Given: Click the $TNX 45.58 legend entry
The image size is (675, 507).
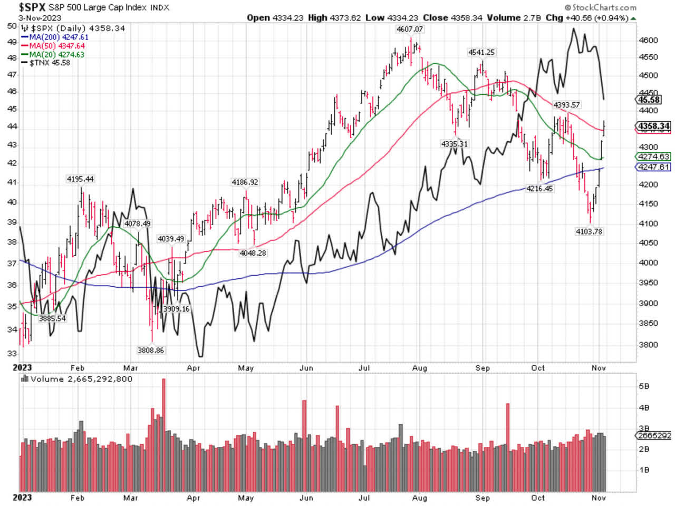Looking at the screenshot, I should [x=50, y=63].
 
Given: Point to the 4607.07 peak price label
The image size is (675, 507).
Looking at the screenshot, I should [x=410, y=30].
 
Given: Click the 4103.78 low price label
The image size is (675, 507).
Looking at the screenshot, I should [x=589, y=231].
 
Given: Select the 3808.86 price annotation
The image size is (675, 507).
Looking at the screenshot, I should [x=151, y=350].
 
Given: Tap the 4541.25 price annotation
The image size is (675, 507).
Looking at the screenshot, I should [x=481, y=52].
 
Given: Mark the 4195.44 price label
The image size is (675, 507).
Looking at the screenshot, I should [x=80, y=179].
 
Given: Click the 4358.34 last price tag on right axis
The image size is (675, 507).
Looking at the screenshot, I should [x=653, y=126].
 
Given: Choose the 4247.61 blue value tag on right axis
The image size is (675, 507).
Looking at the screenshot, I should [x=653, y=167].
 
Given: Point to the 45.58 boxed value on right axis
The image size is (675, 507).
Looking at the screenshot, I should [x=649, y=100].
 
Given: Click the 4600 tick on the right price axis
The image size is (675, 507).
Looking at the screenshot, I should [x=648, y=41].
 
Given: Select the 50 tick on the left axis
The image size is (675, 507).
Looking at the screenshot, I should [x=12, y=26].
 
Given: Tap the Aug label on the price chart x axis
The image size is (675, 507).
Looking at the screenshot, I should [x=419, y=368].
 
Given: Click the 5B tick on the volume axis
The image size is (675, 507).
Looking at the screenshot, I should [x=644, y=386].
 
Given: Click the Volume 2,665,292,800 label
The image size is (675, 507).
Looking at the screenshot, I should [x=81, y=379].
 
